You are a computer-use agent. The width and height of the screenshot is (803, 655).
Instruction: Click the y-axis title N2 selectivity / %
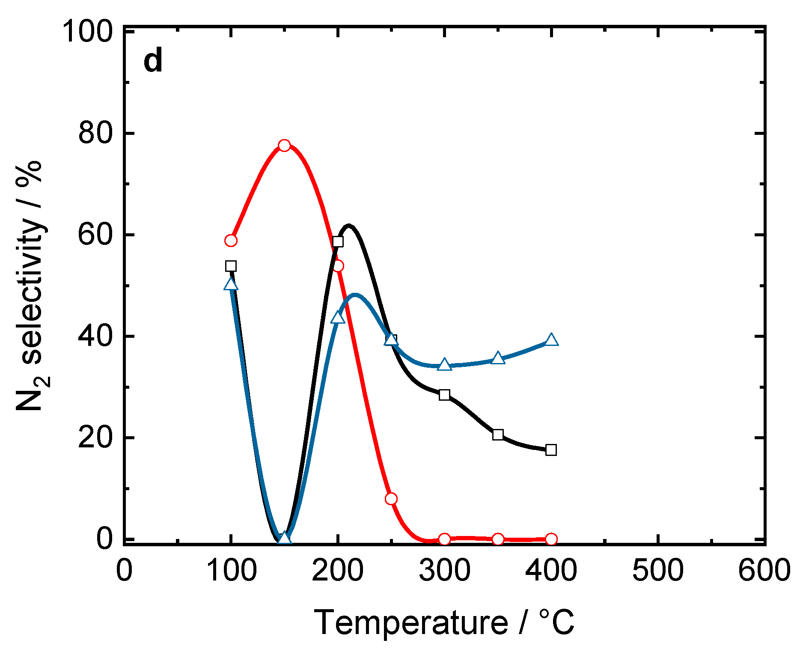[x=30, y=286]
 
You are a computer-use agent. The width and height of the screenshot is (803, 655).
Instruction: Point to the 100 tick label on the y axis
[x=88, y=32]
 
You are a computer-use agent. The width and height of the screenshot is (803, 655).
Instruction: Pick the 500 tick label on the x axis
[x=657, y=571]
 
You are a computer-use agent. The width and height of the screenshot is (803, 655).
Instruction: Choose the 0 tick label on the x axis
[x=124, y=571]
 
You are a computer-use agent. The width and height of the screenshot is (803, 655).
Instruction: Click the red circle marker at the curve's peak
[x=284, y=146]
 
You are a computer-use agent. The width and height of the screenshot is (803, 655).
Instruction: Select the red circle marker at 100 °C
[x=231, y=241]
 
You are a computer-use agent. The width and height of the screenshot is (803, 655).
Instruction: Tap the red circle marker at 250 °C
[x=391, y=499]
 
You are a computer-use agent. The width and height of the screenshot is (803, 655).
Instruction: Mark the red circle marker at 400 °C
[x=551, y=539]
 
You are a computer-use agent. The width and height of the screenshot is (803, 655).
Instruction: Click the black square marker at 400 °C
[x=551, y=450]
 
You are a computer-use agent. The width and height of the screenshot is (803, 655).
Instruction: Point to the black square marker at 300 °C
[x=444, y=395]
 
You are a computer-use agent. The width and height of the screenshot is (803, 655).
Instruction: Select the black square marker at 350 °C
[x=498, y=435]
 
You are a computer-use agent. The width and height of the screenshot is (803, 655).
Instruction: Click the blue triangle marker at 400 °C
[x=551, y=340]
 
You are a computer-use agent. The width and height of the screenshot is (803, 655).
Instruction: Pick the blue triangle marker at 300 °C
[x=444, y=365]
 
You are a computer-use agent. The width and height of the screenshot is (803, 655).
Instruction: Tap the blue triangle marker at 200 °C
[x=338, y=318]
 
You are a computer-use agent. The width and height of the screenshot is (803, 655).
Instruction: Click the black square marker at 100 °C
[x=231, y=266]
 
